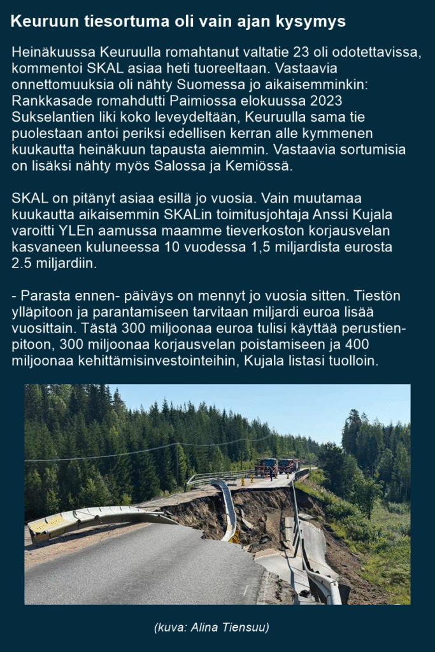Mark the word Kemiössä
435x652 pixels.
click(x=267, y=166)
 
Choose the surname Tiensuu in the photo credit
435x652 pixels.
click(x=245, y=628)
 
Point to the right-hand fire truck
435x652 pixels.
click(x=288, y=465)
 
